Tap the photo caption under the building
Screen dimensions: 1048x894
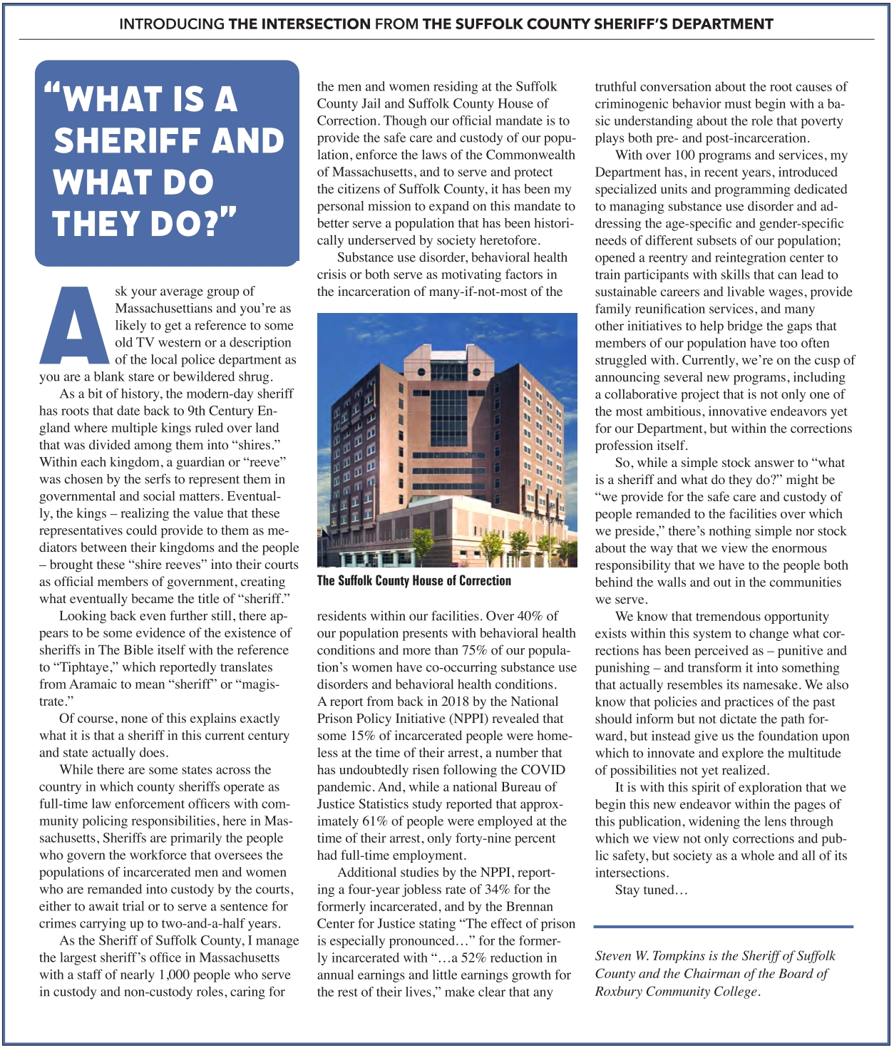[413, 580]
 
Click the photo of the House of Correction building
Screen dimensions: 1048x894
[446, 440]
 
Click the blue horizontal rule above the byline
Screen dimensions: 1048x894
[723, 927]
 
